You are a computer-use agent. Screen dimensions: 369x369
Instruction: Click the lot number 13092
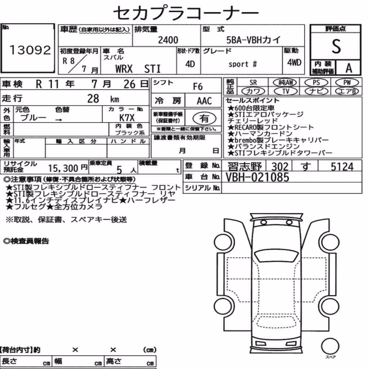click(x=30, y=50)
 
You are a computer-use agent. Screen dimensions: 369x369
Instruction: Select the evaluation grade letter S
click(x=336, y=46)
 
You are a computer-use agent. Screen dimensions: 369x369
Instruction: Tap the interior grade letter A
click(x=349, y=68)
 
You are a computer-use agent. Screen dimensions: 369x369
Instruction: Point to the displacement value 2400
click(x=168, y=40)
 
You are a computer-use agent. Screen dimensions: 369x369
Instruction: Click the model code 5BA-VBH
click(x=244, y=40)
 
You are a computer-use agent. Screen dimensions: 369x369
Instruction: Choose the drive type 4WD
click(x=294, y=63)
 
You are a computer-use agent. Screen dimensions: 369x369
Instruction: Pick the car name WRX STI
click(x=138, y=69)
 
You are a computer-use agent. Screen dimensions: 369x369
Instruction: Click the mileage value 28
click(x=93, y=99)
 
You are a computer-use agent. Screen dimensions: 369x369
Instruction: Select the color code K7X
click(x=127, y=118)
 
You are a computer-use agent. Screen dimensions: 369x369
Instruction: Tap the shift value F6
click(x=198, y=87)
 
